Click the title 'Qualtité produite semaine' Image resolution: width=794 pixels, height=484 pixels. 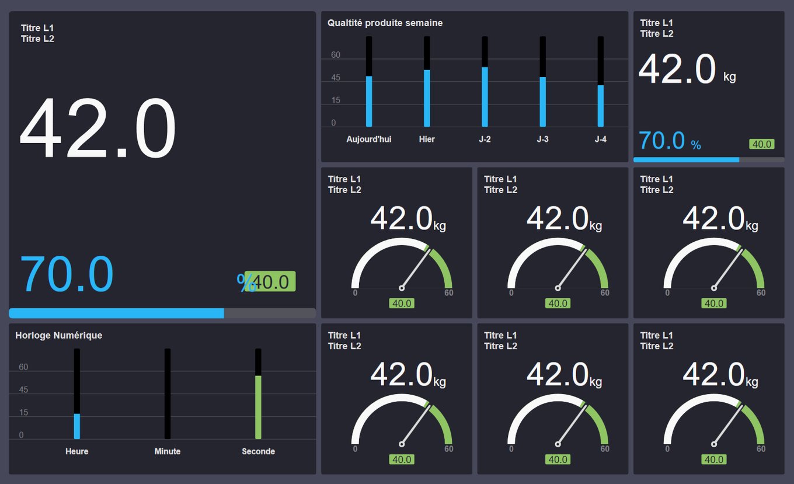385,23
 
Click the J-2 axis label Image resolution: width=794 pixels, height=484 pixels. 485,140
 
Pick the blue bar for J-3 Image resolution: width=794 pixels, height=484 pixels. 542,102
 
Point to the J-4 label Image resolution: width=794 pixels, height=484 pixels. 600,140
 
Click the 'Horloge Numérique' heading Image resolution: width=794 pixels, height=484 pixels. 58,335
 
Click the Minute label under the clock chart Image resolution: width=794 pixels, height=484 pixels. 168,451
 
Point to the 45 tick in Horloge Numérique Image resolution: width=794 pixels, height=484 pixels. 23,390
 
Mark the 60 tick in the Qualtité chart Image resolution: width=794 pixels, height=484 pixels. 336,55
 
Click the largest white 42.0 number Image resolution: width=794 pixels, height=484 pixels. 97,128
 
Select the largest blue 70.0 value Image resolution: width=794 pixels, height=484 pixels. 67,274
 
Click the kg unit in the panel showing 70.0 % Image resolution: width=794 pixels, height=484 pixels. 729,76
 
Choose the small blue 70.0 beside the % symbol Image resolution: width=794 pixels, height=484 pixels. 661,141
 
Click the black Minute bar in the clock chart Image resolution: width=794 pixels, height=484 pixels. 168,394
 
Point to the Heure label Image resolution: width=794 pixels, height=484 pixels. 77,451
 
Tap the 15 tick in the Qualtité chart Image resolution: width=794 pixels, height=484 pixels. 336,100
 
